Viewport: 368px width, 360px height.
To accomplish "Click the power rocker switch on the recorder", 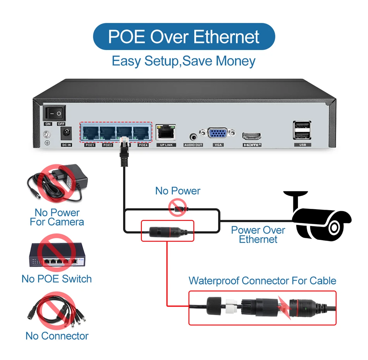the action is [x=54, y=113].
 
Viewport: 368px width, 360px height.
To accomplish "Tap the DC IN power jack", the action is [x=66, y=134].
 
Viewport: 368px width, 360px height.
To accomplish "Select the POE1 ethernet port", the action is [x=90, y=133].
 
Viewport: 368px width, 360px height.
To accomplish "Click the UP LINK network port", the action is [x=166, y=132].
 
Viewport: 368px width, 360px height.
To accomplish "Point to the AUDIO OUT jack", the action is [x=193, y=137].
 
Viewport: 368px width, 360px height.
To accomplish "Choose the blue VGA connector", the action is [x=217, y=133].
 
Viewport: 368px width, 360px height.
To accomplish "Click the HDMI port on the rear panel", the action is [x=251, y=136].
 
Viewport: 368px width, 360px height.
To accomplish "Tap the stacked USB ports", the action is [x=302, y=130].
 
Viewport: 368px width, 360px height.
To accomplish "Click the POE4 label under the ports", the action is [x=143, y=145].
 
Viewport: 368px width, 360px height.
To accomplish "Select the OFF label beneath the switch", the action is [x=61, y=124].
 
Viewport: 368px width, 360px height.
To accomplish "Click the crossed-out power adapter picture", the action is [x=57, y=183].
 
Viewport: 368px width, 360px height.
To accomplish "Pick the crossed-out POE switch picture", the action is [x=57, y=253].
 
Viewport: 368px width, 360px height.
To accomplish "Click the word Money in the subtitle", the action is [x=236, y=61].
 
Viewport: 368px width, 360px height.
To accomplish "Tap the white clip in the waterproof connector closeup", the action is [x=231, y=306].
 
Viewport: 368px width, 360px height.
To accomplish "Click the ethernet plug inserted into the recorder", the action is [x=124, y=150].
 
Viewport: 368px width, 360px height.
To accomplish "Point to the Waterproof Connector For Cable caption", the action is [x=262, y=281].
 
